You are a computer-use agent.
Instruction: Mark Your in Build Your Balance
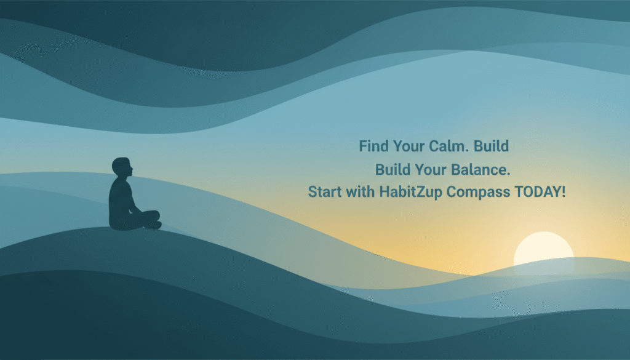432,169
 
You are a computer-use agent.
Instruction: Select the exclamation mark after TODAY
562,191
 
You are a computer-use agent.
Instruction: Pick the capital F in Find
363,146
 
